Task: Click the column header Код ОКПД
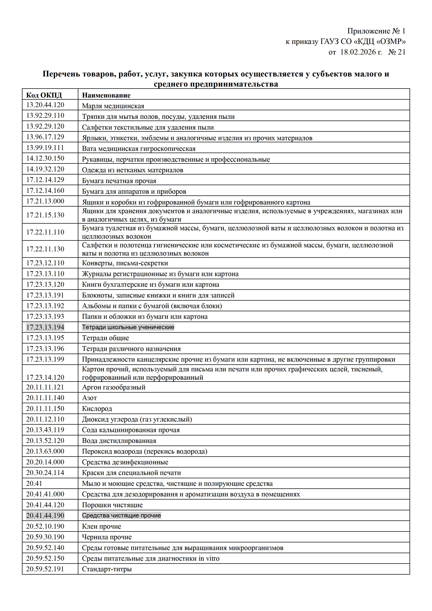44,95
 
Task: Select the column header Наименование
106,95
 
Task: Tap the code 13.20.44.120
45,105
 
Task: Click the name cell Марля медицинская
113,106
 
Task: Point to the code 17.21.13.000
45,201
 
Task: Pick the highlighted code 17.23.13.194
45,327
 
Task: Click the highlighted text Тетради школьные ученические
128,327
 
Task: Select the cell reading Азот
89,398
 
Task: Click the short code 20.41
34,483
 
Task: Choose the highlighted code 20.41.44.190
45,515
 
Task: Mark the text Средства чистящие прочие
121,515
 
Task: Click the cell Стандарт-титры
107,569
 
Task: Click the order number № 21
397,52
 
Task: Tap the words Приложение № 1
376,31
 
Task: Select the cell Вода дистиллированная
119,441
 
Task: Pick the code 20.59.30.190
45,537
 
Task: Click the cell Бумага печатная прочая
119,181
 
